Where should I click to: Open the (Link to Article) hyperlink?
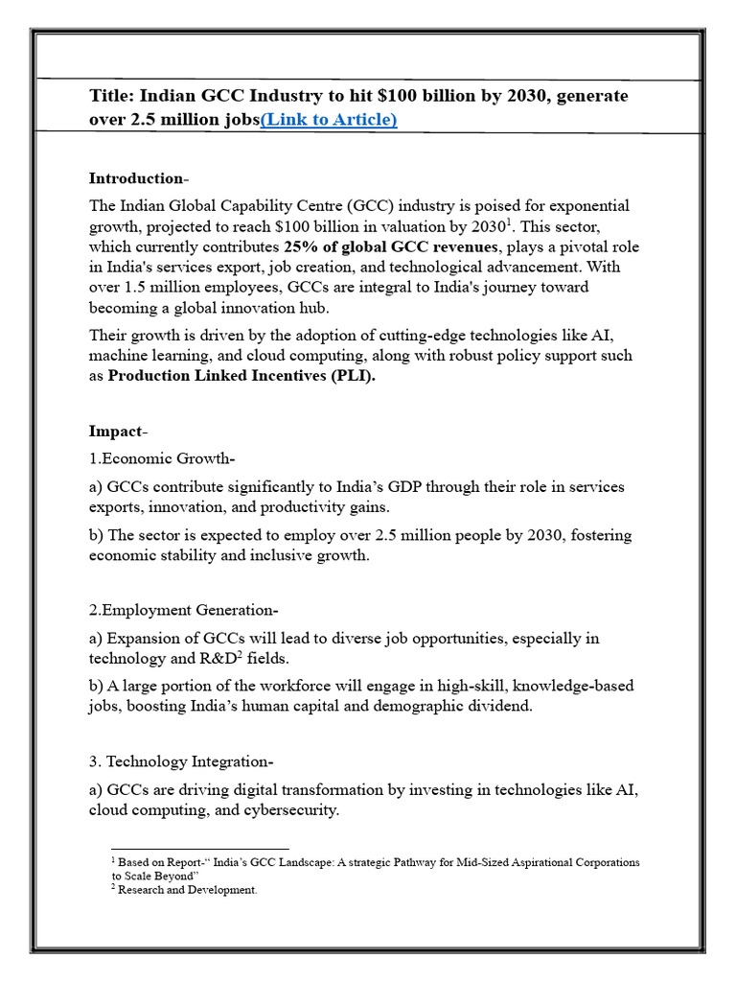point(329,120)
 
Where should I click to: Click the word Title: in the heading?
point(112,96)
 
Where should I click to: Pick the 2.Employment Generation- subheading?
point(184,611)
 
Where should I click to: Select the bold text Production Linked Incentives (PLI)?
point(241,376)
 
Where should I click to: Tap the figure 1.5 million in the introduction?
point(164,288)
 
